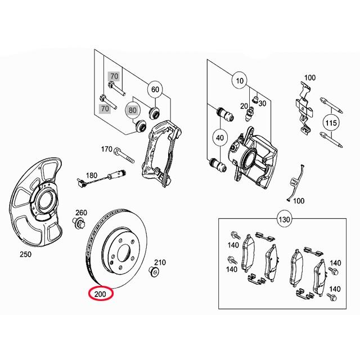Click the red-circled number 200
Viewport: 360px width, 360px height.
[x=101, y=294]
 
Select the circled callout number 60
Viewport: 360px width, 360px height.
[x=155, y=89]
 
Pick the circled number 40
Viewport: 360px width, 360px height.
[x=219, y=137]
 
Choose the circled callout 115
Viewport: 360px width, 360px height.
[x=331, y=122]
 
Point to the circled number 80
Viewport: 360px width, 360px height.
[x=133, y=110]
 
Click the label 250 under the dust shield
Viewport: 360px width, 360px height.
[x=25, y=254]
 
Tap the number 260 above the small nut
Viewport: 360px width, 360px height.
[x=81, y=213]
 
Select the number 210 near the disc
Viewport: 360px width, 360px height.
[x=160, y=262]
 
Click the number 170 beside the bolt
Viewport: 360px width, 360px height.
[x=106, y=150]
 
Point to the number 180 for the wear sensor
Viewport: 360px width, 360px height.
[x=91, y=175]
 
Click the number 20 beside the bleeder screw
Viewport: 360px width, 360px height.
[x=244, y=106]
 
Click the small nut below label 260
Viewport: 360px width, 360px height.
[x=79, y=223]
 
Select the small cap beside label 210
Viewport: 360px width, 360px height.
[x=153, y=273]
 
